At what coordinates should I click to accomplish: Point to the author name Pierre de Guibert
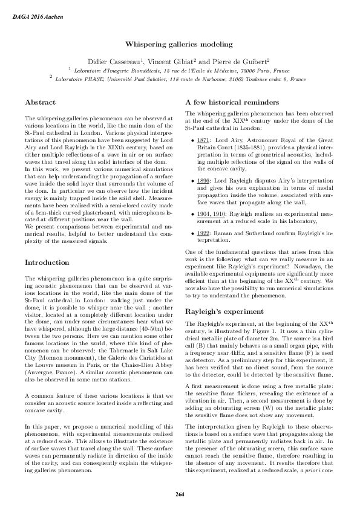point(240,61)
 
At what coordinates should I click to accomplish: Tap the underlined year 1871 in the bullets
point(203,140)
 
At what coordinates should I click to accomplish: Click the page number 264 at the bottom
point(180,495)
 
